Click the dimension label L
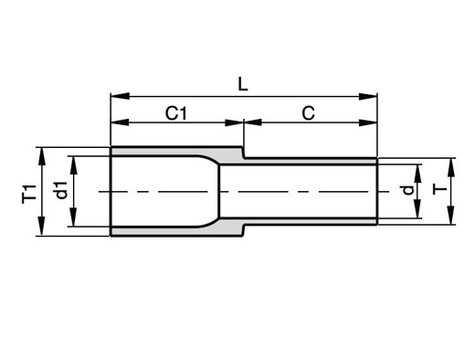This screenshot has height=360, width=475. pyautogui.click(x=243, y=84)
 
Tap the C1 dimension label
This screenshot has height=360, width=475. pyautogui.click(x=175, y=113)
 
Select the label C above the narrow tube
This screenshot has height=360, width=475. pyautogui.click(x=308, y=113)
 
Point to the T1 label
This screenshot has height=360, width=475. pyautogui.click(x=29, y=194)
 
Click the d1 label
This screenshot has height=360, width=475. pyautogui.click(x=61, y=190)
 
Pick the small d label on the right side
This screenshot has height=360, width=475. pyautogui.click(x=408, y=190)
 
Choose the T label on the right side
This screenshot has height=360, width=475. pyautogui.click(x=439, y=190)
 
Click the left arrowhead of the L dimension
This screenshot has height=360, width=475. pyautogui.click(x=120, y=96)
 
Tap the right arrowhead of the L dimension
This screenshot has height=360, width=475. pyautogui.click(x=368, y=97)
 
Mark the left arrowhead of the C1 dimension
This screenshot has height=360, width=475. pyautogui.click(x=120, y=122)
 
